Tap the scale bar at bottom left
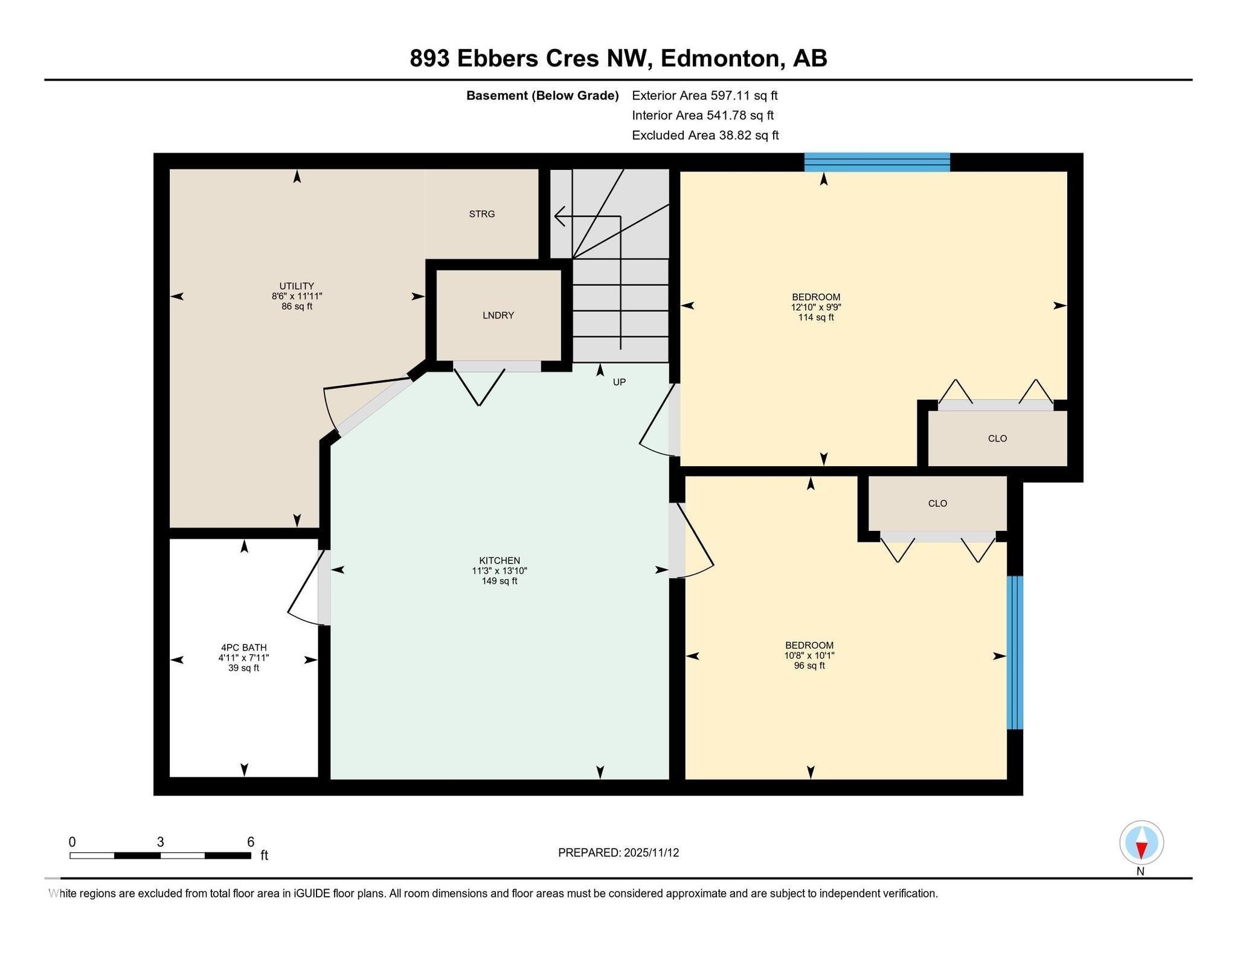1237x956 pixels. pos(160,855)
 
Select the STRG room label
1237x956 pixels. pos(481,214)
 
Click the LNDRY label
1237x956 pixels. pos(498,315)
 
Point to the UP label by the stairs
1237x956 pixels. pos(619,382)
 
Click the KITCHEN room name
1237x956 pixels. pos(500,560)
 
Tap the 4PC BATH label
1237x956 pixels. pos(243,647)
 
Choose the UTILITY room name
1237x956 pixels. pos(297,286)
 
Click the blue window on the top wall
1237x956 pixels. pos(877,162)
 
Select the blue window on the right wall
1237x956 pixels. pos(1015,652)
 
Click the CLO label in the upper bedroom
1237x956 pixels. pos(997,438)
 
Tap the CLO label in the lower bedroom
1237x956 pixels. pos(937,503)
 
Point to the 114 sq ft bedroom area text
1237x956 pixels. pos(816,318)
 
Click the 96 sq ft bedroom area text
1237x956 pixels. pos(809,666)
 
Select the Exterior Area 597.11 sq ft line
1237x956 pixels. pos(704,95)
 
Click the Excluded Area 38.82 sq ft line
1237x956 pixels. pos(705,135)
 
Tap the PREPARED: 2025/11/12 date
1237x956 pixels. pos(618,853)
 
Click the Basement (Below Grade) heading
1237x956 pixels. pos(542,95)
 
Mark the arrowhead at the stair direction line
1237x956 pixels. pos(559,216)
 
